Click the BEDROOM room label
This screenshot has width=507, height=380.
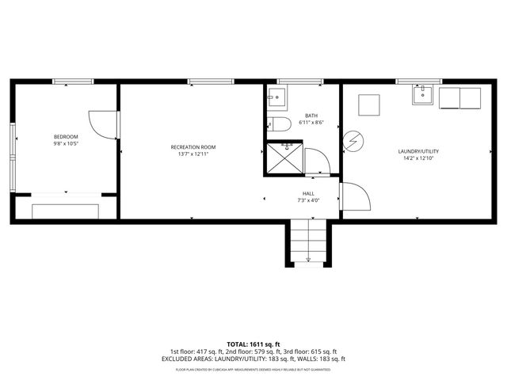(65, 137)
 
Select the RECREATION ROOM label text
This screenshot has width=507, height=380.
(193, 147)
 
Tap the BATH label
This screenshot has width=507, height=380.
(311, 116)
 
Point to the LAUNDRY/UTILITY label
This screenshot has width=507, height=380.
(418, 151)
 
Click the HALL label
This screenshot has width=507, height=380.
(308, 193)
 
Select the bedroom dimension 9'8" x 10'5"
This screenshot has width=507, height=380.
(65, 144)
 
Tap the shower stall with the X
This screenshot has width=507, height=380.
(282, 158)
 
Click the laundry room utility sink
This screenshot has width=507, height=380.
(422, 96)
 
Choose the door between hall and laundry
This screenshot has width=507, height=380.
(355, 196)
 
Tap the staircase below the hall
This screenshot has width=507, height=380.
(307, 241)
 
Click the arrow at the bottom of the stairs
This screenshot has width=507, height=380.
(307, 260)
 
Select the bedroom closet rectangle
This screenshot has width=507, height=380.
(65, 211)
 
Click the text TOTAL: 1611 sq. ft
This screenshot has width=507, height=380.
(253, 344)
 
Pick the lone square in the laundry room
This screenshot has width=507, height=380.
(369, 104)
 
